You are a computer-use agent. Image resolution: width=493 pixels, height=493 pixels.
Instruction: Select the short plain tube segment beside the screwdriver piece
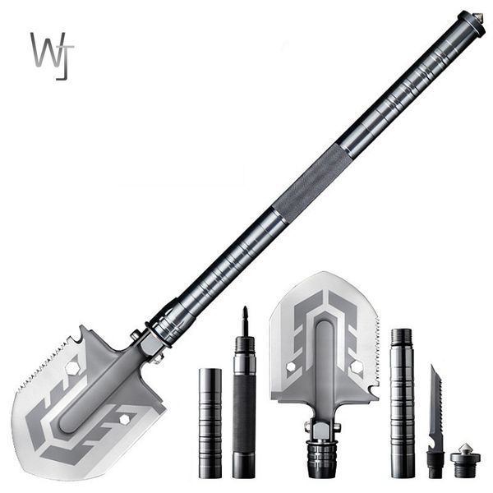(x=210, y=422)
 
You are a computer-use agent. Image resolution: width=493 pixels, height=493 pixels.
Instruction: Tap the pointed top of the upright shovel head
(x=326, y=274)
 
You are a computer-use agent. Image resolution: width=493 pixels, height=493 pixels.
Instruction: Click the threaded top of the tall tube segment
(x=401, y=337)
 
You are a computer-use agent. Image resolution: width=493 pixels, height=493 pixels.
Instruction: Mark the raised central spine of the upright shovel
(x=325, y=362)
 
